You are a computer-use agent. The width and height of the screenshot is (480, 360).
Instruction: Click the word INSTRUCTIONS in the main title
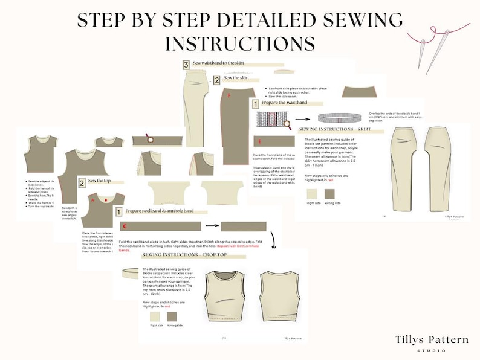coord(239,43)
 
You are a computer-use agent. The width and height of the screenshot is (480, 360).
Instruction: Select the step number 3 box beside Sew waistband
coord(186,64)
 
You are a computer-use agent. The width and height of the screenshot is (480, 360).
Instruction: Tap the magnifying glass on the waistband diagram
coord(287,124)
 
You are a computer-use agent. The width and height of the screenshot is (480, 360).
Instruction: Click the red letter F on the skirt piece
coord(229,95)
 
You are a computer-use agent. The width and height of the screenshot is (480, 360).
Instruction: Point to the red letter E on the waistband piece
coord(259,142)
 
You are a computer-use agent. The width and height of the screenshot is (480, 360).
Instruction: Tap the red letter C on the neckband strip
coord(124,227)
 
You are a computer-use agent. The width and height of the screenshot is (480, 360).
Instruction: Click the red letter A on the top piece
coord(93,200)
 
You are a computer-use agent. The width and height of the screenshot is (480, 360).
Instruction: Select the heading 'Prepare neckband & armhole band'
coord(164,212)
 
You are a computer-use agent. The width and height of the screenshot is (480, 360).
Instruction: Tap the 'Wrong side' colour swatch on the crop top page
coord(170,316)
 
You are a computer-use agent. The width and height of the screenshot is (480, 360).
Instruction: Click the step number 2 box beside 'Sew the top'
coord(81,182)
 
